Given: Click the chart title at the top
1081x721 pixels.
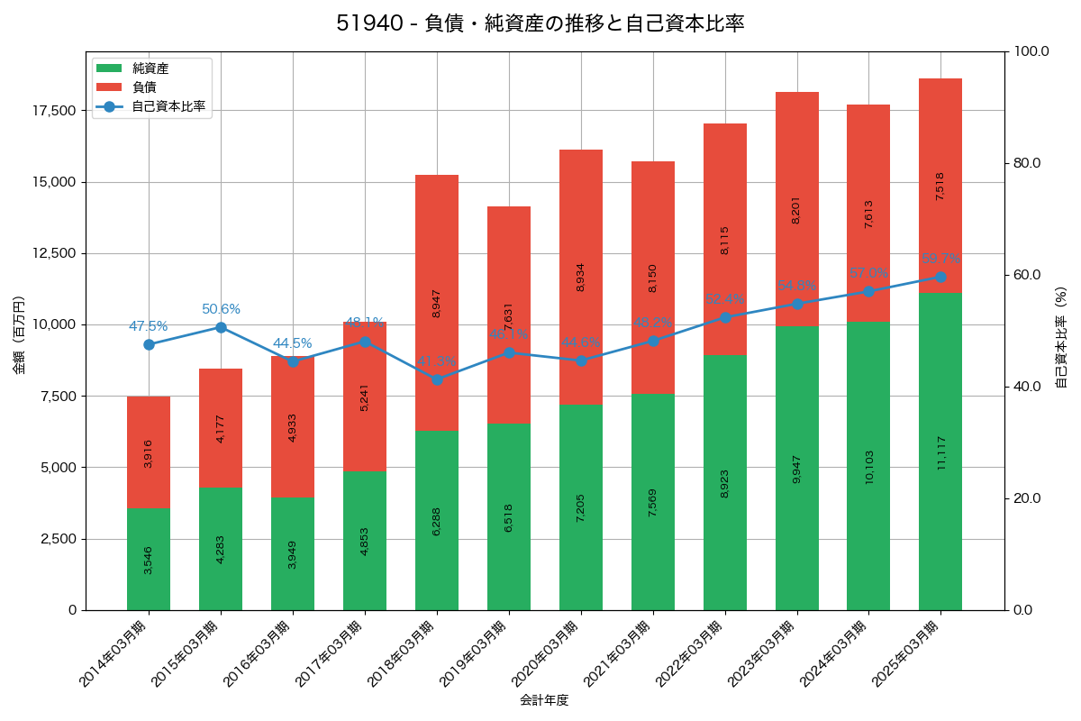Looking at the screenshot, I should (x=540, y=23).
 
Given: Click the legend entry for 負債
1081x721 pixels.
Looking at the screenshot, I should (x=144, y=87).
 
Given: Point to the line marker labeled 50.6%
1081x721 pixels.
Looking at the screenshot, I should (x=221, y=327).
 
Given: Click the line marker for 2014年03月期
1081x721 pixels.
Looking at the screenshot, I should (x=149, y=344).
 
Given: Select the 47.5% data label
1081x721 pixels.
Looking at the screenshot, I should (x=148, y=326).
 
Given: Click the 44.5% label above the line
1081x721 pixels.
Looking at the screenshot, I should (x=292, y=343).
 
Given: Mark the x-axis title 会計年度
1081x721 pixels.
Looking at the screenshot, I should (x=544, y=699).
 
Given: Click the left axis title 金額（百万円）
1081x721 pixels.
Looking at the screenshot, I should (x=19, y=335).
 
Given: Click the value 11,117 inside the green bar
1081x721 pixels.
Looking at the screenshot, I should (x=941, y=452).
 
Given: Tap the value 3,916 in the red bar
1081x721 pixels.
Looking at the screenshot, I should (x=149, y=452).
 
